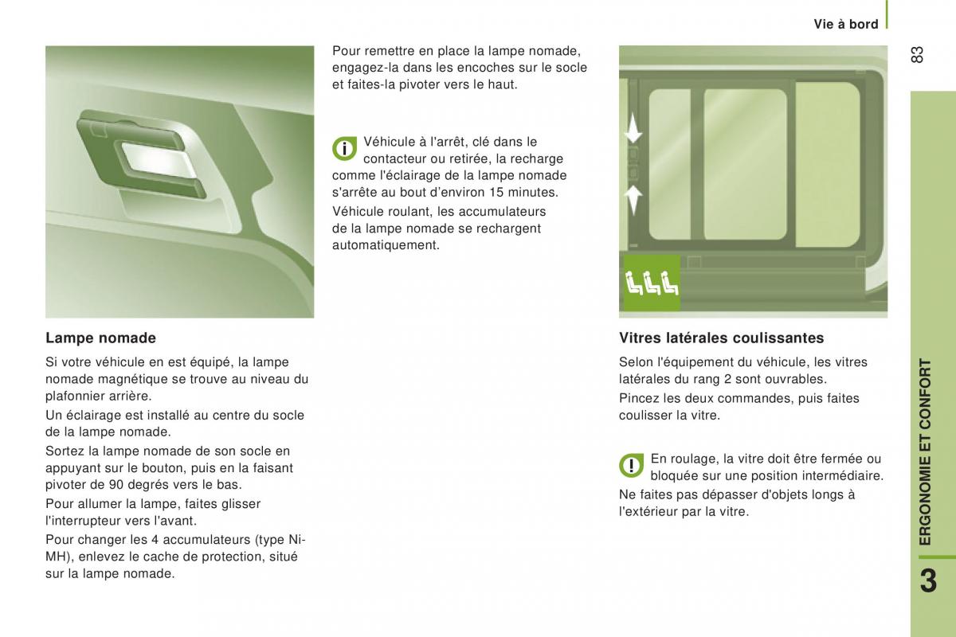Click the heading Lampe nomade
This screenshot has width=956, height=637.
point(100,338)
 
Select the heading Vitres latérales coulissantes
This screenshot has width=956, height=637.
point(721,338)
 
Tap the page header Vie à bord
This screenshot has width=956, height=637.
point(846,25)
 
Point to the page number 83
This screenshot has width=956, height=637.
point(917,55)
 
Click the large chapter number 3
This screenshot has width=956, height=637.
point(929,580)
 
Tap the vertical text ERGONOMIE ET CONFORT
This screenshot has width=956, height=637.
point(925,451)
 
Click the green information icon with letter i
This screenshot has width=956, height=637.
point(344,148)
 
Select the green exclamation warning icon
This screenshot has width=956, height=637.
point(632,465)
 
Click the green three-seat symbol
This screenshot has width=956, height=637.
point(652,283)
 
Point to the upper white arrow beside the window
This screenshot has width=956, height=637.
point(633,128)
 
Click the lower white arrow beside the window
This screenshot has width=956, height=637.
point(633,200)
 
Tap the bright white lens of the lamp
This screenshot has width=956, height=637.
point(159,160)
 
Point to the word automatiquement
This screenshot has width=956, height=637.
point(386,246)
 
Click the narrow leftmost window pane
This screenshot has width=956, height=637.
point(670,164)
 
